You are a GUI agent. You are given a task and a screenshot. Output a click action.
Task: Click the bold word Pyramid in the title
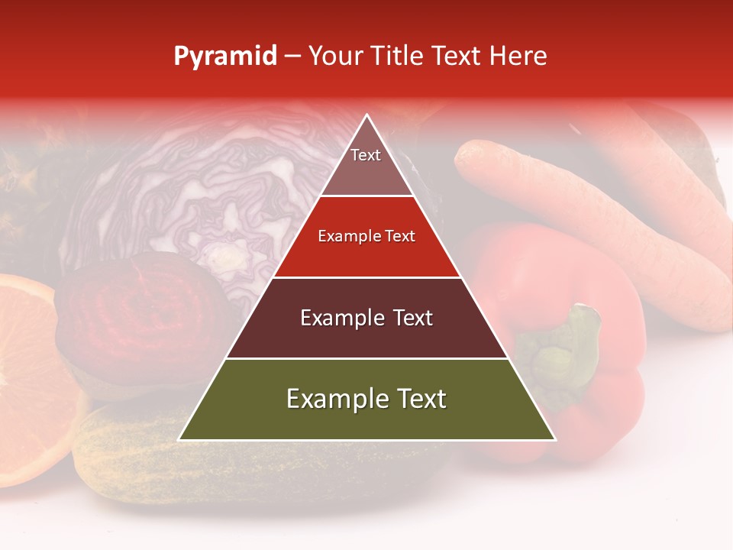224,57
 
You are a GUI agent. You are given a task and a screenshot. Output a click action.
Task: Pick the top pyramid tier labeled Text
366,164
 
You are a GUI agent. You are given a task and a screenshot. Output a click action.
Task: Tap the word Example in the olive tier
333,399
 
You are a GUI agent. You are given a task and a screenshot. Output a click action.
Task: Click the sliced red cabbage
206,191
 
